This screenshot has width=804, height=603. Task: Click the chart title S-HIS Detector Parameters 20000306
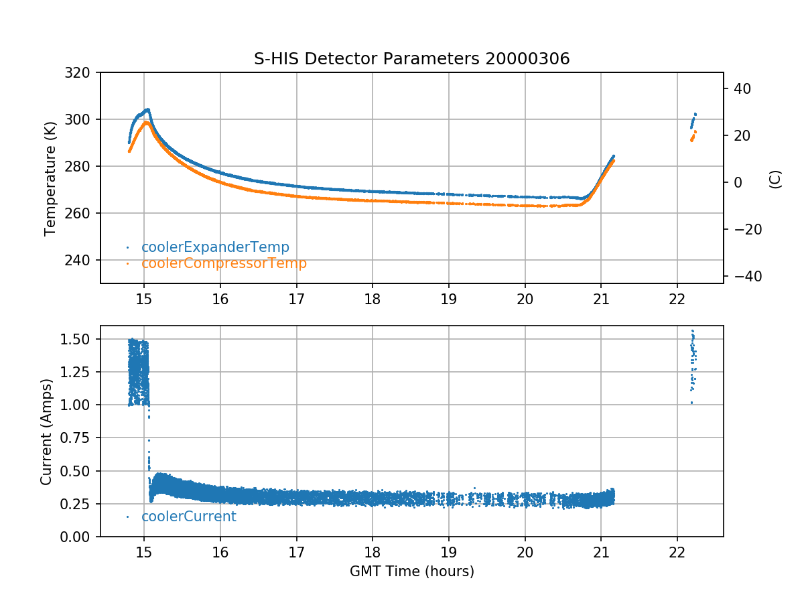point(411,59)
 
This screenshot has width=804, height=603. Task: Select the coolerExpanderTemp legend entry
point(215,247)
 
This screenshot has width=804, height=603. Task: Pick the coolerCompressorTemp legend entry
point(224,263)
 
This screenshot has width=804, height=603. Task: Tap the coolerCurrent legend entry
point(188,517)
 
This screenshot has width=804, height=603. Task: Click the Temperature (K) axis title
point(50,178)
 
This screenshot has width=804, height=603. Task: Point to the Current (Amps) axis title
point(46,431)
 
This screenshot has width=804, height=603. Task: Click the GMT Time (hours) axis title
point(411,572)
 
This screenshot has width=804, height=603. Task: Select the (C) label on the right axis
point(775,178)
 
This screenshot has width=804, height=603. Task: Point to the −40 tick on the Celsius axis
point(740,276)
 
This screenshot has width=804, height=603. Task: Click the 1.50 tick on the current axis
point(79,339)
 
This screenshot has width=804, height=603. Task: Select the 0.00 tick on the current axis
point(79,537)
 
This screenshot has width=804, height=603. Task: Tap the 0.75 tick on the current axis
point(79,438)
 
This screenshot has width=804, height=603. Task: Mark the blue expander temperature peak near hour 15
point(147,109)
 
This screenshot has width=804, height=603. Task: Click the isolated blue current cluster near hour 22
point(693,362)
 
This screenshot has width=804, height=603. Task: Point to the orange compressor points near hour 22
point(693,136)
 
